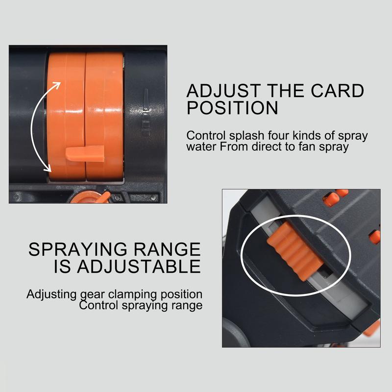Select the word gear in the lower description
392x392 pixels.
(92, 295)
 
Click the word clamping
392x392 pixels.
(129, 294)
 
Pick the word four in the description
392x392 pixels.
(275, 136)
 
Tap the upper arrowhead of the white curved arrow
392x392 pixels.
(57, 85)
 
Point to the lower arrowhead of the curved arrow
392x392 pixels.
(47, 168)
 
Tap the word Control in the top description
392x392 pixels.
(204, 136)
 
